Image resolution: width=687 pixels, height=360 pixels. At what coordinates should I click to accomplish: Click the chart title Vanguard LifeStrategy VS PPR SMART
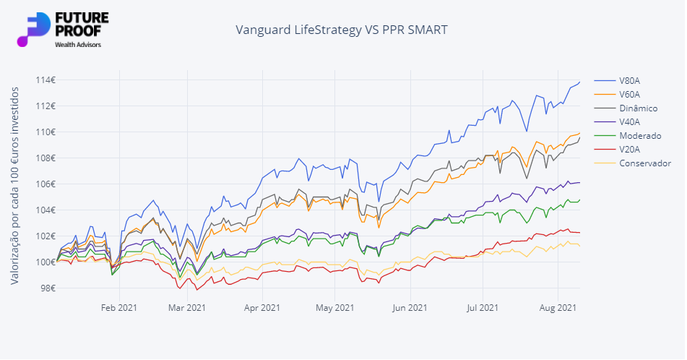pos(342,30)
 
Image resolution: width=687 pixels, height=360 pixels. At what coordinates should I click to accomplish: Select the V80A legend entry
pos(628,80)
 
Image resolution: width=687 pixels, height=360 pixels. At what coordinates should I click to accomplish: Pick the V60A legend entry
pos(628,94)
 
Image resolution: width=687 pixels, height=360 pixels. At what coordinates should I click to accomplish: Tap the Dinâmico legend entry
pos(638,108)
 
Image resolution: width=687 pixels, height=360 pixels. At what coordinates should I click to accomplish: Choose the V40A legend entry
pos(628,121)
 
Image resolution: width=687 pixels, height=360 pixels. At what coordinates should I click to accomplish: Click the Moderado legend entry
pos(639,135)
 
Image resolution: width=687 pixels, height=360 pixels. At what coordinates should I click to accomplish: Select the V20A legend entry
pos(628,149)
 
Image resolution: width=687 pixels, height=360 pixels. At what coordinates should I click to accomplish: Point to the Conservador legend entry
pos(644,163)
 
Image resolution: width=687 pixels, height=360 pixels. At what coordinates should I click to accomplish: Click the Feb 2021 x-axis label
pos(118,308)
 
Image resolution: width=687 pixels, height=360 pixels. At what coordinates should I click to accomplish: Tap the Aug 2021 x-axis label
pos(558,308)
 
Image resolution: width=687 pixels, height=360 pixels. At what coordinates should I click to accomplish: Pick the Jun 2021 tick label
pos(410,308)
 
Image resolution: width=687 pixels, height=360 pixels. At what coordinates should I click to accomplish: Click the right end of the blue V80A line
pos(579,82)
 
